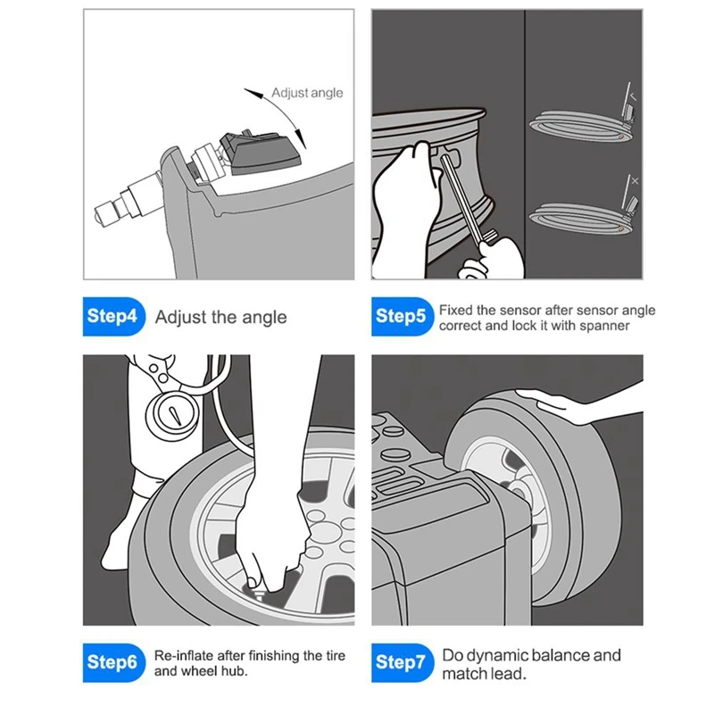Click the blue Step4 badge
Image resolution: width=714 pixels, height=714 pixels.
click(x=114, y=317)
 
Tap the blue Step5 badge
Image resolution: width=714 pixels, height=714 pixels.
click(x=403, y=317)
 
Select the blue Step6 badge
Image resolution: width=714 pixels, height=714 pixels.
click(x=114, y=662)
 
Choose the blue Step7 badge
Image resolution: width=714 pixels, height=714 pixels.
click(x=403, y=662)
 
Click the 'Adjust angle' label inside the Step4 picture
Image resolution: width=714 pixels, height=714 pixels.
click(x=307, y=94)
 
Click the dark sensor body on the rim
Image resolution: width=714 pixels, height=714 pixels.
click(x=261, y=153)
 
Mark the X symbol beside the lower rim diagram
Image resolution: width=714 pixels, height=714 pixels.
click(x=635, y=181)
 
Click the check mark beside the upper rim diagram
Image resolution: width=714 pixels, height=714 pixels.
click(x=634, y=96)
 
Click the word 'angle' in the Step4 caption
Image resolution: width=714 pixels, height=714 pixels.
click(x=264, y=319)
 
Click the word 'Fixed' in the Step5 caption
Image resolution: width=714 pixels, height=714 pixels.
click(x=456, y=311)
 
